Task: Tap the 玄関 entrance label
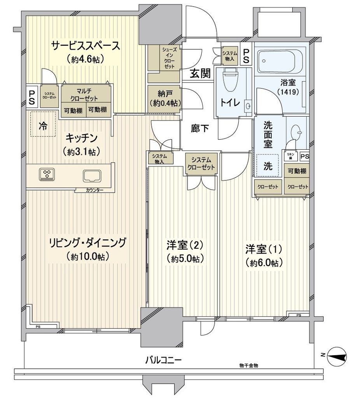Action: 201,73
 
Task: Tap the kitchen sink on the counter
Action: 92,176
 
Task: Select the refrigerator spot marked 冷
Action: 42,126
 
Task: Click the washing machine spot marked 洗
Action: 268,165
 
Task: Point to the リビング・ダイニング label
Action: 87,243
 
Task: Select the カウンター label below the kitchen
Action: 95,190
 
